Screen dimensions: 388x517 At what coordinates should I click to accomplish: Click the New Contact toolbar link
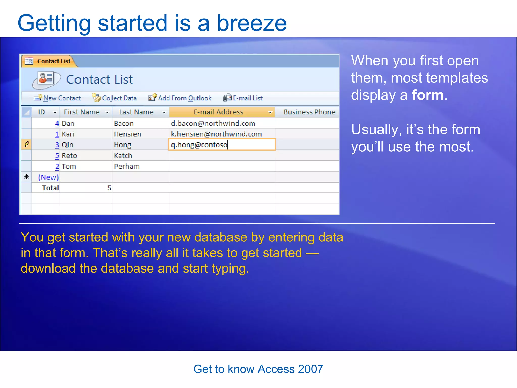click(x=62, y=98)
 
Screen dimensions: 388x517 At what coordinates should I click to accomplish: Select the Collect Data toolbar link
click(x=119, y=98)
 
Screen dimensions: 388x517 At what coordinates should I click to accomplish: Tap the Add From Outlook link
click(x=184, y=98)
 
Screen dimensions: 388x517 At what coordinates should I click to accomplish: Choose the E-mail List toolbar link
click(x=247, y=98)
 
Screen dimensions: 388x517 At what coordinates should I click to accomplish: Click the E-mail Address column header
click(x=218, y=112)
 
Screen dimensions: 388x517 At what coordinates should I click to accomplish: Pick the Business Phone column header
click(x=309, y=112)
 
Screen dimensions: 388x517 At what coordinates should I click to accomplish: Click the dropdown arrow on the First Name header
click(x=107, y=112)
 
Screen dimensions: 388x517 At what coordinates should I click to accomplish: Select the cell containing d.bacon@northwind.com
click(x=213, y=123)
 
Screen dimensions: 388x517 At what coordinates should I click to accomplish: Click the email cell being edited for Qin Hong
click(x=222, y=145)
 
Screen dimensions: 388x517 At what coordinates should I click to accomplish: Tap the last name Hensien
click(x=127, y=134)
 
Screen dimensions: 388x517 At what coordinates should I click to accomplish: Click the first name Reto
click(x=69, y=156)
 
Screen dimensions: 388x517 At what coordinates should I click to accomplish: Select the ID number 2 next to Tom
click(x=57, y=166)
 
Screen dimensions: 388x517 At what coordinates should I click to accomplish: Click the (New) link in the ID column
click(x=48, y=177)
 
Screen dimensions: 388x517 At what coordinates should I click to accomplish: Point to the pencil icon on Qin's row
click(x=26, y=144)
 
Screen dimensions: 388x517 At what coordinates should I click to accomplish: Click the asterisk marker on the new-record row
click(x=26, y=177)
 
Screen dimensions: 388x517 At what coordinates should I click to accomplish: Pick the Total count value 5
click(x=109, y=188)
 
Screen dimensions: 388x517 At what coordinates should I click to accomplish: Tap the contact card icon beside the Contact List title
click(x=46, y=79)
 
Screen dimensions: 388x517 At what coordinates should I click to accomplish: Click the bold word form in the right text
click(x=427, y=95)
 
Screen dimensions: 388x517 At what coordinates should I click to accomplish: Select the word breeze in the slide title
click(x=252, y=23)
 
